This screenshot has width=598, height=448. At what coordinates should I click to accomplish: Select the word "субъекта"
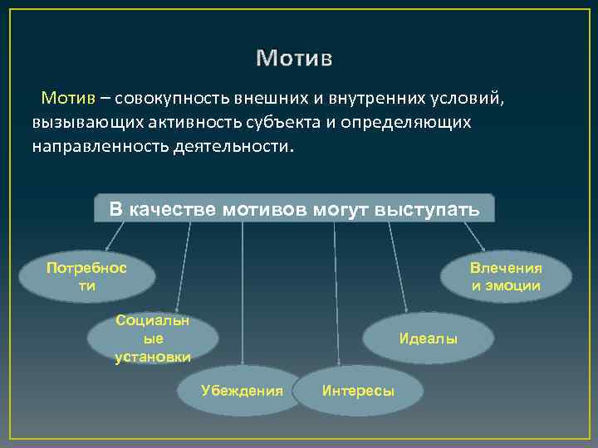tap(276, 123)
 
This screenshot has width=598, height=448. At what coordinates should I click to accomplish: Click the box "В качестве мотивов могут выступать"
tap(294, 208)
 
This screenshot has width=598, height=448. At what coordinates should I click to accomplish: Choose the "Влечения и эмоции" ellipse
tap(506, 276)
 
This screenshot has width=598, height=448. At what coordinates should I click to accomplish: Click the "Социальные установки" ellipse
tap(153, 338)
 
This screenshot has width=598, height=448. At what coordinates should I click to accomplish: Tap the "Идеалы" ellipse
tap(428, 338)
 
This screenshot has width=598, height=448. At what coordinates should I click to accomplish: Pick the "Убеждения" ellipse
tap(242, 390)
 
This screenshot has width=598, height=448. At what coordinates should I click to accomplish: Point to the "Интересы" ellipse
tap(358, 391)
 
